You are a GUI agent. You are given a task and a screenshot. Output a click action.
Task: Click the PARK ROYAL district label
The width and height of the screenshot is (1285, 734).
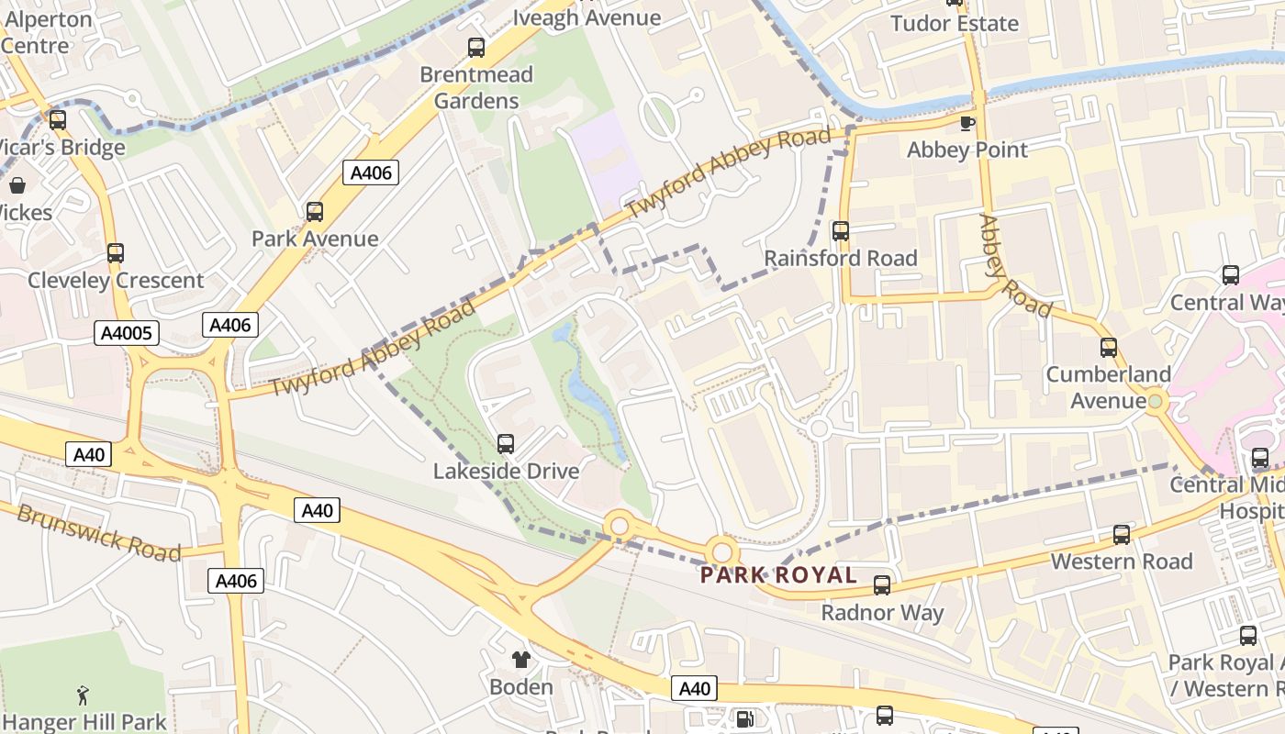pyautogui.click(x=778, y=576)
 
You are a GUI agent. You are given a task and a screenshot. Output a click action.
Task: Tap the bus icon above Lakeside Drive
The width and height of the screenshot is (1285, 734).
pyautogui.click(x=505, y=444)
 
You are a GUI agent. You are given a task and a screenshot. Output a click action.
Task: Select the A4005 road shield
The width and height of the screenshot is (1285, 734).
pyautogui.click(x=126, y=334)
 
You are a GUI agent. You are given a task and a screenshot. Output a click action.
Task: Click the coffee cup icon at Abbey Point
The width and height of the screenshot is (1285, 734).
pyautogui.click(x=967, y=123)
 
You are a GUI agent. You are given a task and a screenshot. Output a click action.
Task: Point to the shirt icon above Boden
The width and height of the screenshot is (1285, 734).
pyautogui.click(x=521, y=659)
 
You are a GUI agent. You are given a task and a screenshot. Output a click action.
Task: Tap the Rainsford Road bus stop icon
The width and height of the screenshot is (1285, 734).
pyautogui.click(x=840, y=231)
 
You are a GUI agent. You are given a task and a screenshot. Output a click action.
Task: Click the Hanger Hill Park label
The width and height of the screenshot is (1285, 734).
pyautogui.click(x=84, y=722)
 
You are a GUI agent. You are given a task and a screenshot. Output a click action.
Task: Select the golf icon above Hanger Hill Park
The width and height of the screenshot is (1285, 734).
pyautogui.click(x=84, y=695)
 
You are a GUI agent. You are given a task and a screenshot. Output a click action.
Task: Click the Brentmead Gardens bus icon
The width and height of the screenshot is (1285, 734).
pyautogui.click(x=475, y=48)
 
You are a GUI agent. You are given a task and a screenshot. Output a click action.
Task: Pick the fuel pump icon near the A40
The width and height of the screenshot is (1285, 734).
pyautogui.click(x=746, y=720)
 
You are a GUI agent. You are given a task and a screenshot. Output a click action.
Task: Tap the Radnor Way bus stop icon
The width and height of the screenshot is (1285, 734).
pyautogui.click(x=882, y=584)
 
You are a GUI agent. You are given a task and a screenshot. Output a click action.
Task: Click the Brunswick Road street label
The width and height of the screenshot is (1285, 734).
pyautogui.click(x=99, y=533)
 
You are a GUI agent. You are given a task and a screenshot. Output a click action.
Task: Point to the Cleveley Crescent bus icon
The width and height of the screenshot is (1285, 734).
pyautogui.click(x=115, y=252)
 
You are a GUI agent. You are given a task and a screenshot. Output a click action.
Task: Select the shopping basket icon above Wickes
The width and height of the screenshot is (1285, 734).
pyautogui.click(x=17, y=185)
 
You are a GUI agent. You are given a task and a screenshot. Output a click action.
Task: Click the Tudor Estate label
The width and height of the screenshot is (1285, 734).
pyautogui.click(x=955, y=24)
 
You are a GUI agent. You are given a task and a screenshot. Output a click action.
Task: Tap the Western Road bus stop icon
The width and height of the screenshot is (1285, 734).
pyautogui.click(x=1121, y=534)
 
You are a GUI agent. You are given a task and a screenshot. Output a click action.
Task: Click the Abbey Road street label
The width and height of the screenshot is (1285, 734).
pyautogui.click(x=1013, y=266)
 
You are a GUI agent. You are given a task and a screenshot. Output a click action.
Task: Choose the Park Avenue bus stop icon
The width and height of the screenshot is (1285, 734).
pyautogui.click(x=315, y=212)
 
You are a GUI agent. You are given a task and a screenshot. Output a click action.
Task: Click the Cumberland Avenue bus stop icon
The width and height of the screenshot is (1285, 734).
pyautogui.click(x=1108, y=348)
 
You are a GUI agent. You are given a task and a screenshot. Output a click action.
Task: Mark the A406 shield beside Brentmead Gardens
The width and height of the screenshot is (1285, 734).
pyautogui.click(x=371, y=172)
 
